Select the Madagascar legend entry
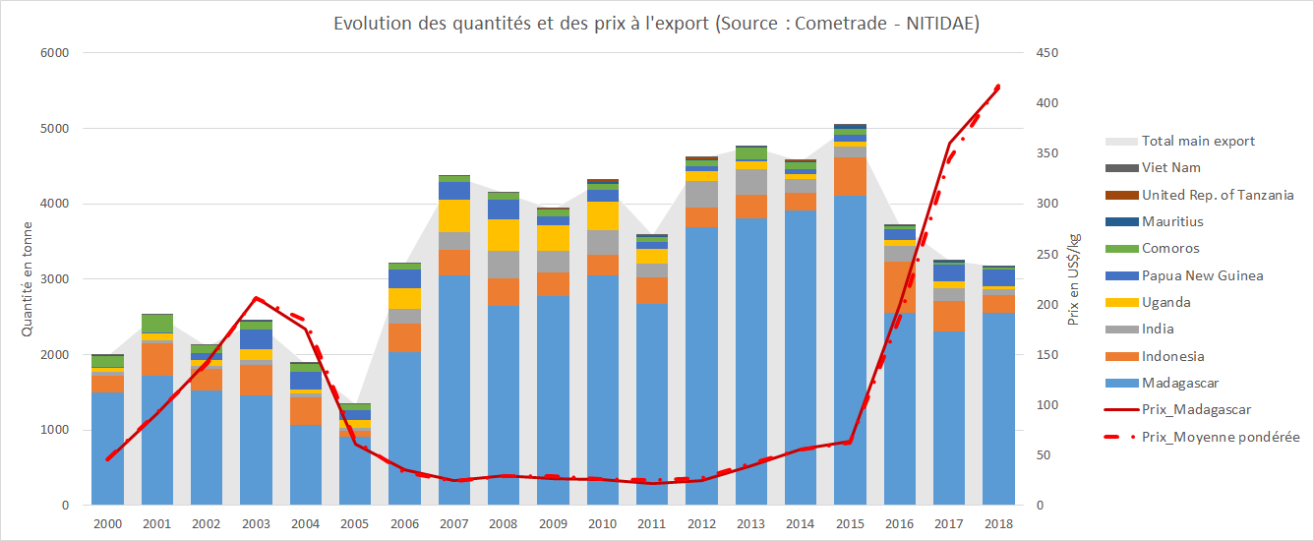point(1180,384)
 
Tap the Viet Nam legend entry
point(1170,168)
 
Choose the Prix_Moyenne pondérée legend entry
point(1221,437)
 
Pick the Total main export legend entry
point(1197,141)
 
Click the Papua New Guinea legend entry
point(1202,276)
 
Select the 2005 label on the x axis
point(355,524)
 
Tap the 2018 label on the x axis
point(997,524)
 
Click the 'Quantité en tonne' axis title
point(27,278)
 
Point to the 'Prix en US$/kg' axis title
point(1074,279)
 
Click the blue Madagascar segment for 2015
point(850,349)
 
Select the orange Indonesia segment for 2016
point(899,286)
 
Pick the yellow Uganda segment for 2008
point(504,235)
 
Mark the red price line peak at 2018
point(998,87)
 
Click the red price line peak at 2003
point(256,297)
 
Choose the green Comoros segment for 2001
point(157,324)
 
